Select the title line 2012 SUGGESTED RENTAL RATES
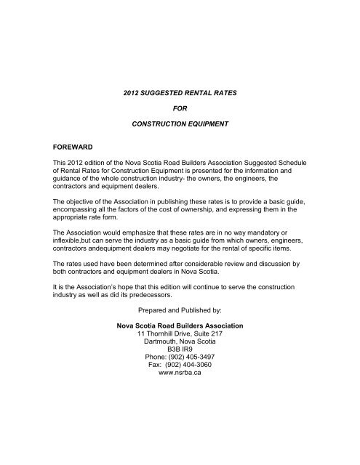point(180,94)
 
